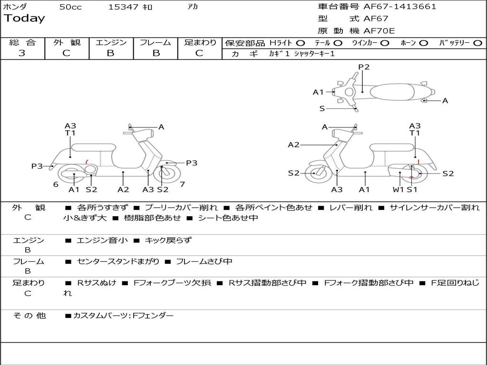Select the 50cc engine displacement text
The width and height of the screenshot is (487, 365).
(x=70, y=7)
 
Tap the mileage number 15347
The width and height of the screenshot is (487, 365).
(x=123, y=7)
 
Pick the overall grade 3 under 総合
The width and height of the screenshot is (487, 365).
(x=22, y=53)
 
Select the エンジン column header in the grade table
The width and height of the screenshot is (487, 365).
(x=111, y=43)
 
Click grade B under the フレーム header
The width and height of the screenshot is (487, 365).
(x=156, y=53)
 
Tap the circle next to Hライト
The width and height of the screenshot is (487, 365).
(x=301, y=43)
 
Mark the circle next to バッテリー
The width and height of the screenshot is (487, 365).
(x=477, y=43)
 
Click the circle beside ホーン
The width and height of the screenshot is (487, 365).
(x=423, y=43)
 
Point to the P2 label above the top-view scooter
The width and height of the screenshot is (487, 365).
(x=364, y=67)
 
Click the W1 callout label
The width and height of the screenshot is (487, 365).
(x=398, y=190)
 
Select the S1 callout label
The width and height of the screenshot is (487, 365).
(x=412, y=190)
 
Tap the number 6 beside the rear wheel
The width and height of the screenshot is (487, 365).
(x=56, y=184)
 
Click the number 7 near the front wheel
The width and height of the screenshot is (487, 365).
(x=182, y=184)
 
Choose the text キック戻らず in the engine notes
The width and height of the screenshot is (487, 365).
(x=168, y=240)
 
